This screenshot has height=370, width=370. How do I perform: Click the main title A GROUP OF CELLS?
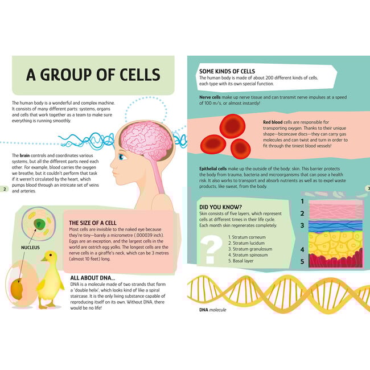click(93, 75)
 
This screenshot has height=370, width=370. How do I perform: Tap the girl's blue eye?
click(121, 157)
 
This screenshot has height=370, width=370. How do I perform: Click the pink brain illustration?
click(147, 141)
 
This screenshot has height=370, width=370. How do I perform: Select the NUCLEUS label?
click(30, 248)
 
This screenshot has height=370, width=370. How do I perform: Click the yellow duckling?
click(50, 279)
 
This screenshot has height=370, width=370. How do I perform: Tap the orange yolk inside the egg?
click(17, 289)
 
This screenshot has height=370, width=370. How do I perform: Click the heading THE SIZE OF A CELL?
click(93, 223)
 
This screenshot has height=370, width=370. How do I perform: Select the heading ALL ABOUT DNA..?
click(92, 278)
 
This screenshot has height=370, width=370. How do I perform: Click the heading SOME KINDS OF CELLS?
click(227, 71)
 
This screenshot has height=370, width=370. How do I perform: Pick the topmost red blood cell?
click(232, 126)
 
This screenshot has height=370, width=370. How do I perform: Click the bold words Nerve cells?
click(210, 97)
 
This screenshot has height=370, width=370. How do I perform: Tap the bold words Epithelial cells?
click(213, 168)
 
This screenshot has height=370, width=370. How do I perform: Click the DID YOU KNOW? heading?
click(221, 207)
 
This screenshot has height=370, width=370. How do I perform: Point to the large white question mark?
click(211, 250)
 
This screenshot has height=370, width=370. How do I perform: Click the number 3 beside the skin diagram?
click(302, 225)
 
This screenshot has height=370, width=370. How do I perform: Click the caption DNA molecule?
click(213, 310)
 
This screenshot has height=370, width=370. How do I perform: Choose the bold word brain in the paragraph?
click(24, 155)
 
